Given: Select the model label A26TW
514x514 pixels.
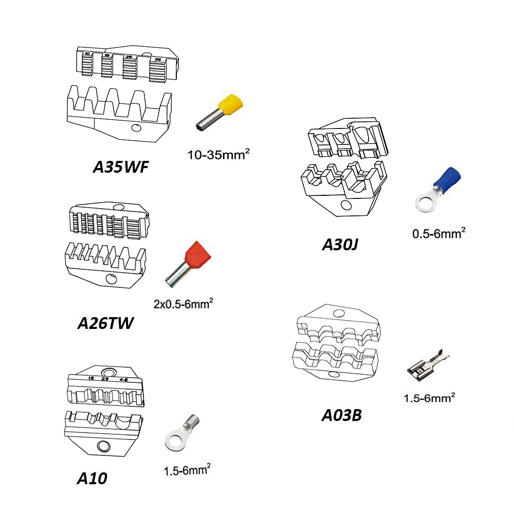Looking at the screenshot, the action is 105,323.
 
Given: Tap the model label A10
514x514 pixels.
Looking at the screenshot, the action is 92,478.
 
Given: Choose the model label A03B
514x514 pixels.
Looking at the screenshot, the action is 342,414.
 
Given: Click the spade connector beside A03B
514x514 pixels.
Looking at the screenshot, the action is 427,365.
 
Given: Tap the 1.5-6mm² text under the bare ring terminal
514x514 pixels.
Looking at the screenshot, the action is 187,469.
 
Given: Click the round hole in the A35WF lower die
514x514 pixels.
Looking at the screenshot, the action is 136,128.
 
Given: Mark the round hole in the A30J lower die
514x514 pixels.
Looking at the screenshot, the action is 346,205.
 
